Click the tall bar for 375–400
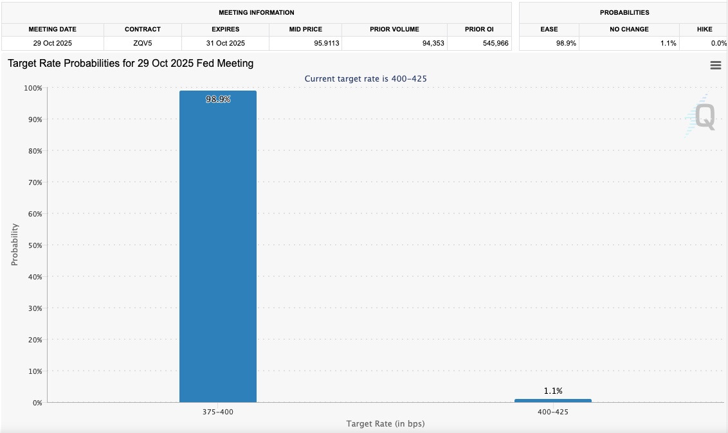[217, 251]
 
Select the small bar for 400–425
[552, 400]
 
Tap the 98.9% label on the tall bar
[218, 100]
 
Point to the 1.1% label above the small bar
[552, 391]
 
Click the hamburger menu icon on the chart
[715, 66]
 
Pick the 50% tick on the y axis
[33, 245]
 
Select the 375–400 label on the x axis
[217, 411]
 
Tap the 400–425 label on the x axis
[552, 411]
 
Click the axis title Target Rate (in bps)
[385, 424]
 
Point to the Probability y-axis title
[15, 245]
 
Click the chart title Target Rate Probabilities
[131, 64]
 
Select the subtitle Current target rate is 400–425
[365, 78]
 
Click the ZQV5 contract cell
[143, 43]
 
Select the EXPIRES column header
[225, 30]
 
